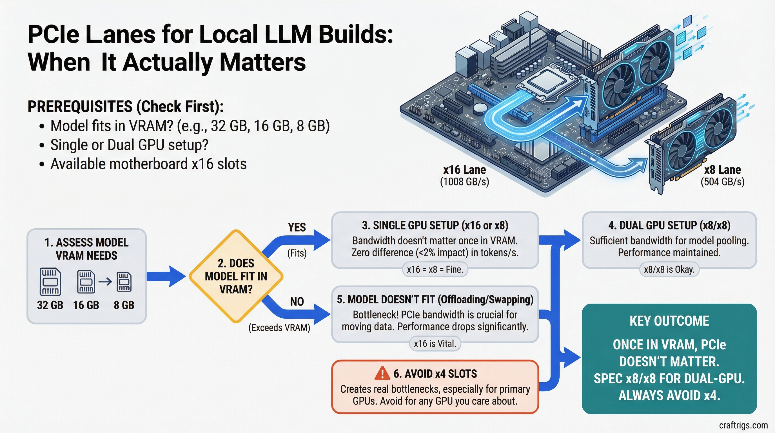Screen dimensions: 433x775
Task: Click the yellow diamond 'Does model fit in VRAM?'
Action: tap(236, 276)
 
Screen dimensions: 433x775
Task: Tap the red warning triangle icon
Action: tap(382, 374)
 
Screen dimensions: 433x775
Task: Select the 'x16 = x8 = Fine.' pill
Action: tap(435, 269)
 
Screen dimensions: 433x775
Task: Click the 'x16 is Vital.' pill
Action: tap(435, 343)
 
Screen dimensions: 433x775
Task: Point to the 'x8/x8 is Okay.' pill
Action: tap(669, 269)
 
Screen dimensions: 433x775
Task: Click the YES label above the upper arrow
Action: tap(297, 227)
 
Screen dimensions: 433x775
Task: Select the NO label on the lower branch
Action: tap(297, 301)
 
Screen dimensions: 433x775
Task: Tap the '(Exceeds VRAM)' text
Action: tap(279, 328)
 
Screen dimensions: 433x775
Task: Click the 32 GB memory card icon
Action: tap(50, 282)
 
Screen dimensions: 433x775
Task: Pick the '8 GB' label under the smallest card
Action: tap(124, 305)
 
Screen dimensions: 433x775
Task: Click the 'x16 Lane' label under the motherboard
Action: tap(464, 170)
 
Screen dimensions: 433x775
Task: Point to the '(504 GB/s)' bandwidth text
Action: tap(722, 182)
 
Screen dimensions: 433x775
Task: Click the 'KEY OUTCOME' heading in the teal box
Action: tap(669, 321)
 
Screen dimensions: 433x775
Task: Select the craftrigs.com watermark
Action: tap(743, 425)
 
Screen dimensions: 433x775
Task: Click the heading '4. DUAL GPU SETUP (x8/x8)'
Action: tap(669, 225)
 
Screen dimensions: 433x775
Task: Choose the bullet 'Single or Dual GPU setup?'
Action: tap(129, 145)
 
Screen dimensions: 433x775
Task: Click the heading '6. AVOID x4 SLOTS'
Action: tap(435, 374)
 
